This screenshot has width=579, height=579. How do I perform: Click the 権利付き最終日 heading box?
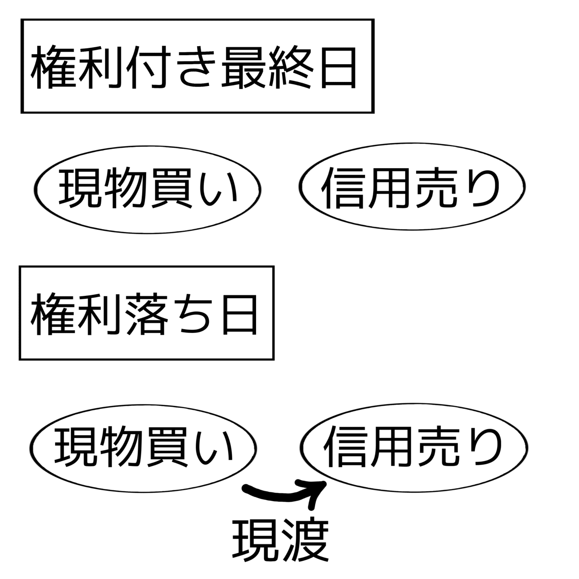click(197, 66)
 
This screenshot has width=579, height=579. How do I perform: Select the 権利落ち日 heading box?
click(146, 313)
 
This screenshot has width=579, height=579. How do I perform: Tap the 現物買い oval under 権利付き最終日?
click(148, 189)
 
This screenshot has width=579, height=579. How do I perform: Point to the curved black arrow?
click(280, 493)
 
